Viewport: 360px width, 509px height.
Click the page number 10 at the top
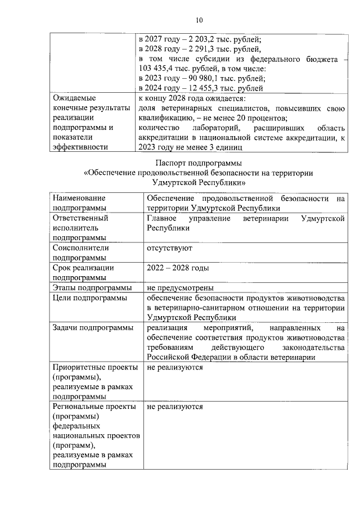pyautogui.click(x=199, y=21)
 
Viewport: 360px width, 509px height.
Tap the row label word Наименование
pyautogui.click(x=79, y=198)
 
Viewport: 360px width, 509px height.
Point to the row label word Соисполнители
pyautogui.click(x=80, y=247)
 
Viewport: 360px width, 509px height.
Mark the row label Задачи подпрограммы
pyautogui.click(x=93, y=327)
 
